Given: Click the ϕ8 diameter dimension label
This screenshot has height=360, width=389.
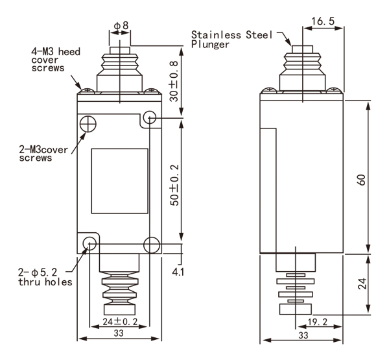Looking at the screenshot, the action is pos(121,25).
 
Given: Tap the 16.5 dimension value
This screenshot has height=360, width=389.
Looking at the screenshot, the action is pos(323,21).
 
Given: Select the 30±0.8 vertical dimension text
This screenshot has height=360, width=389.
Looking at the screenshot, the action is pos(174,82).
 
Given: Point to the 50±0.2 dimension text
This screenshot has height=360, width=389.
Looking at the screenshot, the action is pos(174,186).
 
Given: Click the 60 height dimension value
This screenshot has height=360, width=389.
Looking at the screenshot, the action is pos(362,180).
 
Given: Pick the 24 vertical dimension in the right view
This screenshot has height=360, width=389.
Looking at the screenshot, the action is pos(362,283).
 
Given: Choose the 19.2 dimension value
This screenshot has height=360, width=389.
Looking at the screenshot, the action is pos(318,322).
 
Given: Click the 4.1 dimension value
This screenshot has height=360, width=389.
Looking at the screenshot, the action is pos(178,272).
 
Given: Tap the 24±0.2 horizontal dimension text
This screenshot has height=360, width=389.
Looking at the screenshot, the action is pos(120,322).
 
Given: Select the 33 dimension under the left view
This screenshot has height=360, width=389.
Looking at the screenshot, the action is pos(119,333).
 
